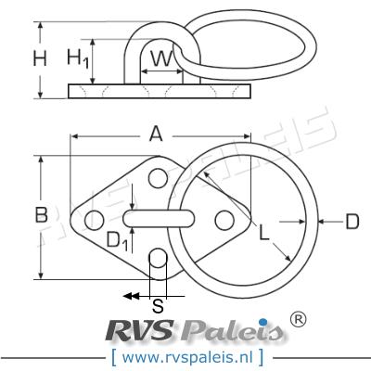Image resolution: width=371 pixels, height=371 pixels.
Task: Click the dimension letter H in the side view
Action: pyautogui.click(x=40, y=59)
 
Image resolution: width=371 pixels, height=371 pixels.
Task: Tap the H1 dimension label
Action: pyautogui.click(x=79, y=59)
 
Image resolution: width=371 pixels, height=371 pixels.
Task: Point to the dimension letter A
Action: pyautogui.click(x=157, y=134)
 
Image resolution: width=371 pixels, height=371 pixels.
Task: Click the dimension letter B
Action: pyautogui.click(x=42, y=215)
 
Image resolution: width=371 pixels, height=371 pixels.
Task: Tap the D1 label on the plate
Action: pyautogui.click(x=117, y=240)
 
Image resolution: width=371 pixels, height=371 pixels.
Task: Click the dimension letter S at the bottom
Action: pyautogui.click(x=158, y=303)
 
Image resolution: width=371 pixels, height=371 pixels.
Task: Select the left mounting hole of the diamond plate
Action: pyautogui.click(x=93, y=221)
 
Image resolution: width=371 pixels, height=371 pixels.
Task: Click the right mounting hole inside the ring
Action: pyautogui.click(x=223, y=219)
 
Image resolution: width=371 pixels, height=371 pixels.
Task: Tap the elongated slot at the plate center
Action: pyautogui.click(x=158, y=217)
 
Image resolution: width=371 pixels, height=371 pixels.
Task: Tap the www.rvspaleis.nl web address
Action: pyautogui.click(x=185, y=355)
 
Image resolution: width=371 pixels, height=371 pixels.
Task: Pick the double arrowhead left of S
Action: pyautogui.click(x=132, y=295)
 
